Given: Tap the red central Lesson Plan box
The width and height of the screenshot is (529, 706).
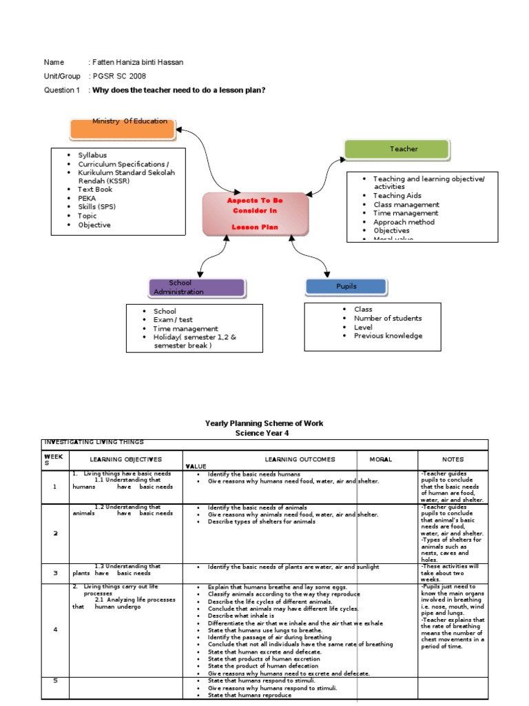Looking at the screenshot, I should coord(255,214).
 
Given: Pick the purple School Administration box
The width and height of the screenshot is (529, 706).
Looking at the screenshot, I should coord(196,288).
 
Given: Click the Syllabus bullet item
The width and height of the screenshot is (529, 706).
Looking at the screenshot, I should coord(92,156).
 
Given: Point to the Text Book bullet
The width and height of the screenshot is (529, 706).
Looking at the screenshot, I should coord(95,189).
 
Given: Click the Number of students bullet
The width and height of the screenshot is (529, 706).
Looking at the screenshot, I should coord(388,319).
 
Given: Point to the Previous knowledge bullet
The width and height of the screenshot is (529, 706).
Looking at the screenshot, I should coord(388,336).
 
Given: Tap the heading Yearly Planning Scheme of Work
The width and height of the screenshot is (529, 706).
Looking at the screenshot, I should coord(264,423).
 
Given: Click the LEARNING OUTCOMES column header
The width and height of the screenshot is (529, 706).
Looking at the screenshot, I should coord(300,459).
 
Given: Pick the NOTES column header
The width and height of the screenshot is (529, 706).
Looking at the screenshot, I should coord(453,459).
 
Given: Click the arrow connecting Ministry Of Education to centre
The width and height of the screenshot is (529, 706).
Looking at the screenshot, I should coord(207,155).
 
